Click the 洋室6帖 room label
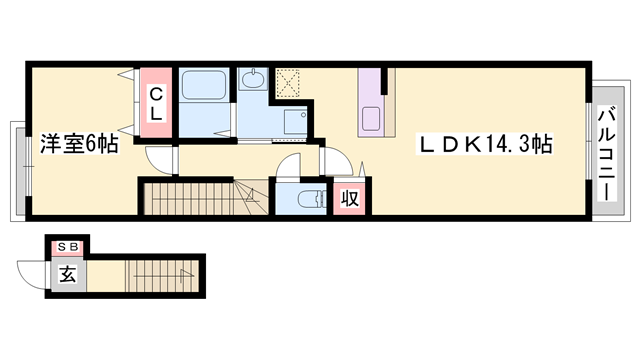(x=80, y=144)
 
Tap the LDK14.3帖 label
(x=486, y=144)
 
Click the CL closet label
(x=156, y=103)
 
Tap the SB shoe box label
(x=68, y=245)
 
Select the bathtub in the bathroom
(x=206, y=87)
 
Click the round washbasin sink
(x=252, y=79)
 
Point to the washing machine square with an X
(x=289, y=83)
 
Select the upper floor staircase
(x=195, y=198)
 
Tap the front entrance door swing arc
(x=30, y=273)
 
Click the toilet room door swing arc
(x=289, y=170)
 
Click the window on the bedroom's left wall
(x=15, y=169)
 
